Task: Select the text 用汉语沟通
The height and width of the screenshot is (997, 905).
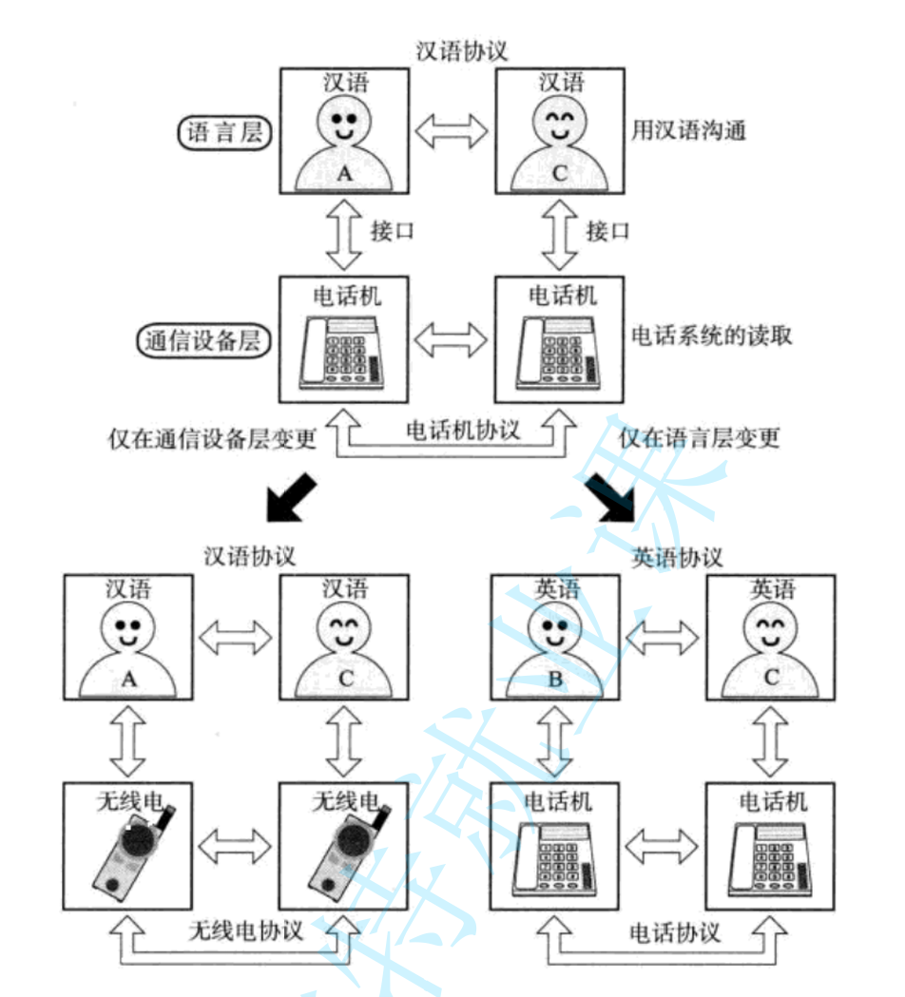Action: point(688,131)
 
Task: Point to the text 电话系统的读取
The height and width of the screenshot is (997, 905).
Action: point(711,336)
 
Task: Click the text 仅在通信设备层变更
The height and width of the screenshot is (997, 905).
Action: point(212,438)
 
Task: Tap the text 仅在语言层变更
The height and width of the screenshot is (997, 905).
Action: point(700,438)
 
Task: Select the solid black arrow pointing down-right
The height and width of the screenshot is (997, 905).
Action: point(608,498)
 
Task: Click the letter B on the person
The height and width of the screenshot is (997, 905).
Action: point(552,680)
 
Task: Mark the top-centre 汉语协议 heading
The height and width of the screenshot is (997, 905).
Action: point(462,51)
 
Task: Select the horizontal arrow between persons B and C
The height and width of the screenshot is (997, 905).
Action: point(662,639)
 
